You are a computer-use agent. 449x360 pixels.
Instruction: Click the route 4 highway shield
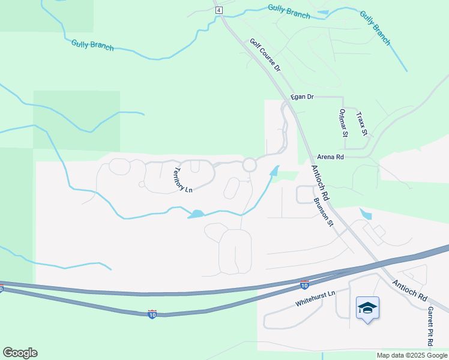coord(218,10)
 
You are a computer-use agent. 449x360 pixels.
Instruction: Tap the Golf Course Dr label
coord(265,56)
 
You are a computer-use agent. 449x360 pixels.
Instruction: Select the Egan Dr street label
coord(302,97)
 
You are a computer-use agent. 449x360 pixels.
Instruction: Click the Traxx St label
coord(361,124)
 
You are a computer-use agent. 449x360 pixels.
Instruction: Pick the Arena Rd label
coord(331,157)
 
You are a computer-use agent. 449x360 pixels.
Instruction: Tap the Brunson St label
coord(323,213)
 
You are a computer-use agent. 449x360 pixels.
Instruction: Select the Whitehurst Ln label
coord(313,298)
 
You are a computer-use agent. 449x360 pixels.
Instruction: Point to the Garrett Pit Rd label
coord(430,327)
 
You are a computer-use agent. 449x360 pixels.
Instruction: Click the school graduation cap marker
coord(367,308)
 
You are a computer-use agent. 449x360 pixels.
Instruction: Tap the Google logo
coord(20,353)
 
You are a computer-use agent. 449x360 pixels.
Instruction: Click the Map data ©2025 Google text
coord(412,355)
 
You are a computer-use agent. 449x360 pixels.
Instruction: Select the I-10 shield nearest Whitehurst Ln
coord(304,284)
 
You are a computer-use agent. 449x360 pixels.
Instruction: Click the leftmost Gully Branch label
coord(92,44)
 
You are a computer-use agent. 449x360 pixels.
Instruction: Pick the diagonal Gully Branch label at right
coord(375,28)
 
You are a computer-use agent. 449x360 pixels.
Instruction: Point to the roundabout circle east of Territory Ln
coord(250,164)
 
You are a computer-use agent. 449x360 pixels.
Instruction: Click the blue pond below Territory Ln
coord(196,214)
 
